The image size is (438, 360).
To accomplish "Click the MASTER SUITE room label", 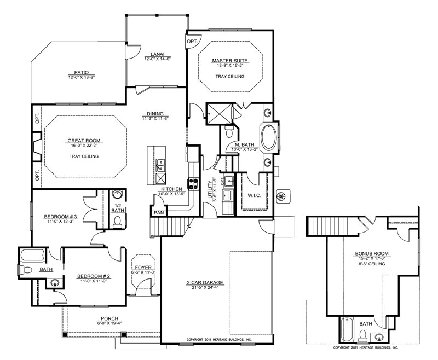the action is coord(229,60).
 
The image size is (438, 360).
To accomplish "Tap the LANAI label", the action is coord(158,54).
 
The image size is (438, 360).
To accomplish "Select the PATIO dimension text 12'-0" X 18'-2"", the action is coord(82,77).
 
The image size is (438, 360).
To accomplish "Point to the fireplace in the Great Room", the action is coord(37,146).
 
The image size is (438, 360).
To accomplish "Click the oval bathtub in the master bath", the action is coord(269,138).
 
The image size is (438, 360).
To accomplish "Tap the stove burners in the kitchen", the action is coord(194,184).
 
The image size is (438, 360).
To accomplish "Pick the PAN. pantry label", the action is coord(159,213).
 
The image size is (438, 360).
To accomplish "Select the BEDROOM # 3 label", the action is coord(60,217).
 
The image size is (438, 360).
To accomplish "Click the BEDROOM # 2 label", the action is coord(94,276).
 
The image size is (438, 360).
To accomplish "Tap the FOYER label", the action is coord(143,268).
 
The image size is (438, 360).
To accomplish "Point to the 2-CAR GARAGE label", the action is coord(205,282).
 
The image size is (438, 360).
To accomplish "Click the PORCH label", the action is coord(109,318).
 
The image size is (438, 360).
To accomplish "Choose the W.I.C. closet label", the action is coord(254,195).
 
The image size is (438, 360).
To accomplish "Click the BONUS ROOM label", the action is coord(372,254).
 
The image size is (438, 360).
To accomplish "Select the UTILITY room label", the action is coord(210,189).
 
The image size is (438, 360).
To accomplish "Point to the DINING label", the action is coord(155,114).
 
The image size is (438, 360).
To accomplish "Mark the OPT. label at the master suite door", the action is coord(192,42).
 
